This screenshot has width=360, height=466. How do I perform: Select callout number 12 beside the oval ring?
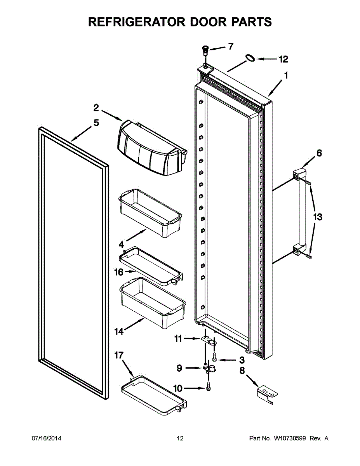pos(283,59)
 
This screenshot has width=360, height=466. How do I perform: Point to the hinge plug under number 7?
pos(204,49)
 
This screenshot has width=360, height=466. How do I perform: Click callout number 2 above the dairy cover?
pos(96,107)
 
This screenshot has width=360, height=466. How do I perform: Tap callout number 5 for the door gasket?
pos(96,123)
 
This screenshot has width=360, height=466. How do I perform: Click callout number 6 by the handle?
pos(319,153)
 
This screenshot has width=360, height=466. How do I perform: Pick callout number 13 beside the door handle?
pos(318,217)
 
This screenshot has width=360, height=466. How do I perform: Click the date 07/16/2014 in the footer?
pos(46,438)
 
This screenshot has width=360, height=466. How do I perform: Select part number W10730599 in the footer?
pos(290,438)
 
